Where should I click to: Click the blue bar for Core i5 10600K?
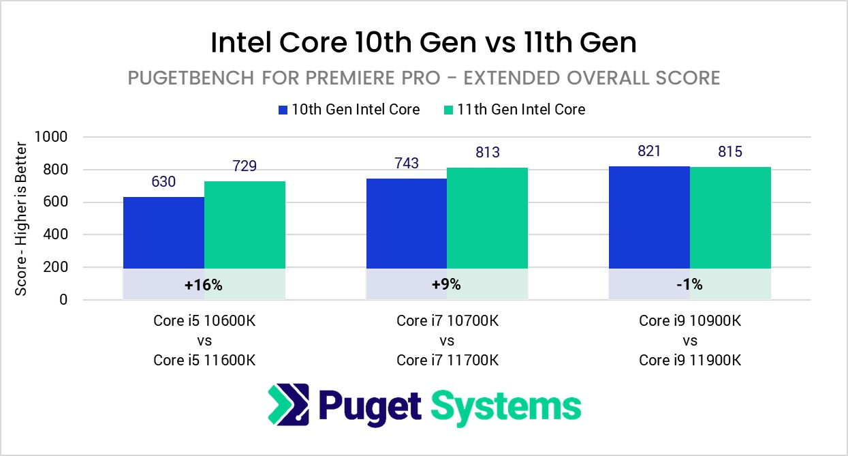[163, 232]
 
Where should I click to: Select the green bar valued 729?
[245, 225]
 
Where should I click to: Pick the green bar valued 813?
[487, 218]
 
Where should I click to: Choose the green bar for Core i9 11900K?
[730, 217]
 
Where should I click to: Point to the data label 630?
[163, 182]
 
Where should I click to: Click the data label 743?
[407, 164]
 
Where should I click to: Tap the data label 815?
[730, 152]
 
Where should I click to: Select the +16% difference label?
[204, 285]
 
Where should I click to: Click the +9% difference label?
[447, 285]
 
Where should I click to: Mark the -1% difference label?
[689, 285]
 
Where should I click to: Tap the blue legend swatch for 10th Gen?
[284, 109]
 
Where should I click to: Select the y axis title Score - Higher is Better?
[21, 218]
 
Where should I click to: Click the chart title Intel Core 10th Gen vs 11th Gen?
[424, 43]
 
